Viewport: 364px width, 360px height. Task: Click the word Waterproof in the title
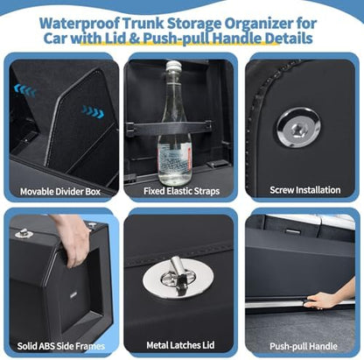click(79, 24)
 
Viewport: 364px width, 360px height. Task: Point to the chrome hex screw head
click(298, 128)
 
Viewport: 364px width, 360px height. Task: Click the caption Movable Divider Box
click(60, 192)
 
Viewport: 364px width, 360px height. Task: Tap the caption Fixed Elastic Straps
click(181, 191)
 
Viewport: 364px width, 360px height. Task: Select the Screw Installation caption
click(304, 190)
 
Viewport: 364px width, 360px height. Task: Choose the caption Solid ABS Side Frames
click(61, 346)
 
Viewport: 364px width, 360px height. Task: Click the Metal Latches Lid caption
click(180, 345)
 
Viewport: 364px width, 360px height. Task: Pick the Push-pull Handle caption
click(304, 346)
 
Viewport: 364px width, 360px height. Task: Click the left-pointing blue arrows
click(24, 90)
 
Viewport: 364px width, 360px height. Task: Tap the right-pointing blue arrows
click(93, 111)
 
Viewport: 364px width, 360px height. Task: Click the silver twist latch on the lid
click(178, 278)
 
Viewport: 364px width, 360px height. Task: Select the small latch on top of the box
click(22, 233)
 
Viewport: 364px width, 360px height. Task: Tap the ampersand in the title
click(135, 39)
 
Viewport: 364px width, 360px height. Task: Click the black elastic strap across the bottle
click(169, 126)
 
